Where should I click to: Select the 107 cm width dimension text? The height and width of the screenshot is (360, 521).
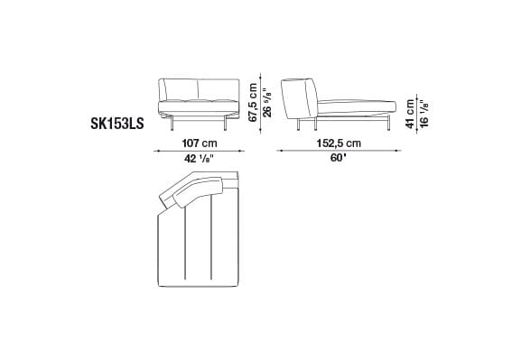tap(199, 143)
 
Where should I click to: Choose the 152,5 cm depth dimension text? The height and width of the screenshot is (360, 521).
tap(340, 143)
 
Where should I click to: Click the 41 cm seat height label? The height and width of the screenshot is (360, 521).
tap(409, 114)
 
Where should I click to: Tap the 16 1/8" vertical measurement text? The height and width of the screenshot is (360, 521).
tap(422, 114)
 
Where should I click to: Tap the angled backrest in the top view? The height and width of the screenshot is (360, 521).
tap(189, 192)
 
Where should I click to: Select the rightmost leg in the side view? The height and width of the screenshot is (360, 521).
tap(386, 125)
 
